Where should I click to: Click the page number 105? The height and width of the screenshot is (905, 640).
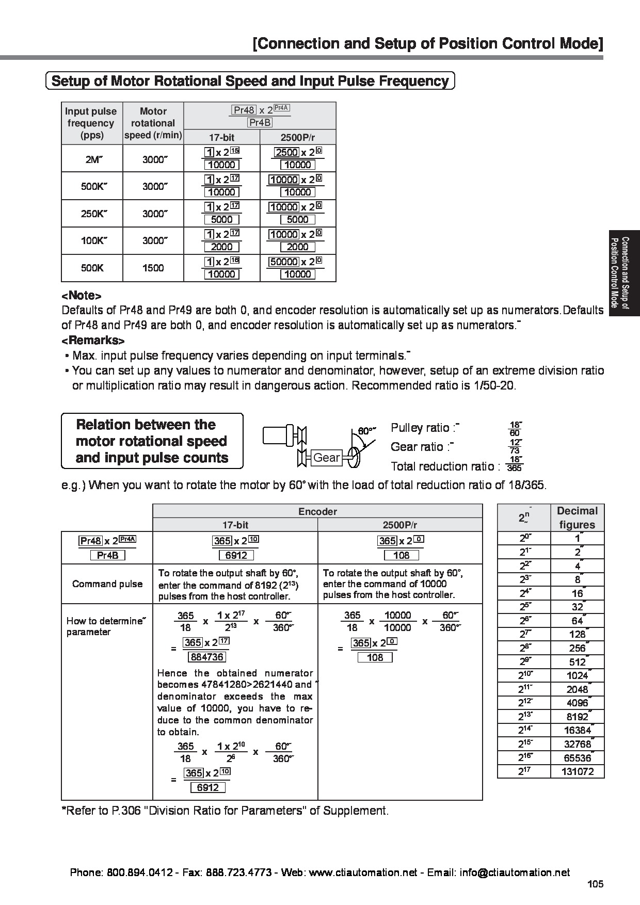tap(595, 884)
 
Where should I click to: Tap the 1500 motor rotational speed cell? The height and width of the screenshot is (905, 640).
tap(153, 268)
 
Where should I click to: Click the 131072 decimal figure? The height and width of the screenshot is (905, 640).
tap(577, 771)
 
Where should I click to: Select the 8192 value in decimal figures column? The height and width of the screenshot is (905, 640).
tap(577, 717)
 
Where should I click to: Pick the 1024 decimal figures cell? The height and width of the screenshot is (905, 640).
tap(577, 675)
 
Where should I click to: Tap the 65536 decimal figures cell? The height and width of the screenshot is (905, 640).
tap(577, 758)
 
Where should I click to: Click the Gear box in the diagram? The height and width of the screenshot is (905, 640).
tap(327, 458)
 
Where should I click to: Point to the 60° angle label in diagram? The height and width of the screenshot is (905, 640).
tap(366, 430)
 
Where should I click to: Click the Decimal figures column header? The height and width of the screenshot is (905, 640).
tap(577, 518)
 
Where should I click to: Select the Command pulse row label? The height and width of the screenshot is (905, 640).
tap(107, 584)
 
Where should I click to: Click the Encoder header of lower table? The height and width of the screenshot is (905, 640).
tap(317, 511)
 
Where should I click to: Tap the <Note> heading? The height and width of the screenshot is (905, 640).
tap(81, 296)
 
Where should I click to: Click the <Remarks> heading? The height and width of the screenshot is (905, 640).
tap(93, 341)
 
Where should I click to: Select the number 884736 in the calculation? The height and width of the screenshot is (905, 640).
tap(207, 657)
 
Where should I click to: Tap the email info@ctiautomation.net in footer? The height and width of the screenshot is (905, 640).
tap(515, 872)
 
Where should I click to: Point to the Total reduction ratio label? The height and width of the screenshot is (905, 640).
tap(445, 466)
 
